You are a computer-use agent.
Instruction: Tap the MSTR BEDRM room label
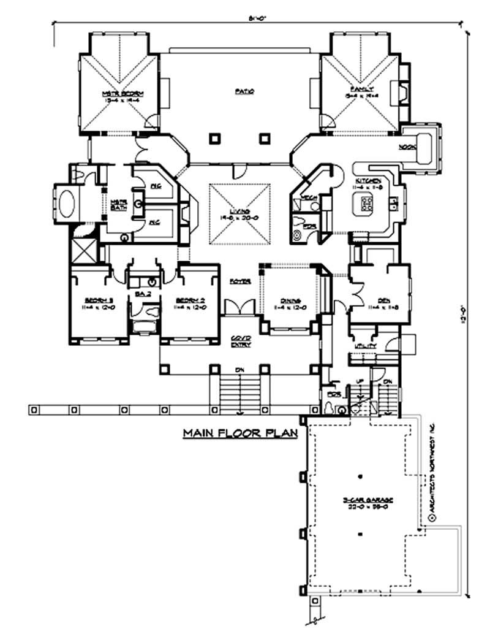pos(118,93)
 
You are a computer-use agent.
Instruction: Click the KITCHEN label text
pos(369,180)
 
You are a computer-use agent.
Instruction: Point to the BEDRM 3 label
pos(97,300)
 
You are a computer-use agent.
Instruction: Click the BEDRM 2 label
pos(189,300)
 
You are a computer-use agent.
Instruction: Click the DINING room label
pos(291,301)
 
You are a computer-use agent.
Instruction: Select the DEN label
pos(384,300)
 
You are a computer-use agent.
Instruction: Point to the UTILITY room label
pos(364,347)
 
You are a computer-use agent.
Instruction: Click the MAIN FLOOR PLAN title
pos(240,433)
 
